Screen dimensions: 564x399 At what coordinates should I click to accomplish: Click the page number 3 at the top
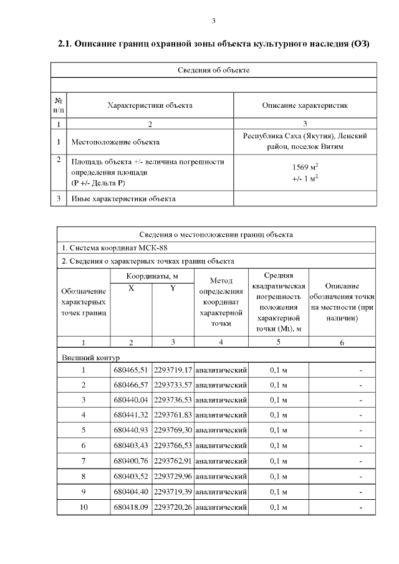213,21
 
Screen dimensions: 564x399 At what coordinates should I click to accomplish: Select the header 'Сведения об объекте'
213,70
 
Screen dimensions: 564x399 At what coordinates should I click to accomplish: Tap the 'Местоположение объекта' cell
116,142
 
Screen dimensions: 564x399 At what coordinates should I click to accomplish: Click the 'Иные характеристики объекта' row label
123,199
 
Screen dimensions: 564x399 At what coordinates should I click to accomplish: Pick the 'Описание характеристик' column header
305,105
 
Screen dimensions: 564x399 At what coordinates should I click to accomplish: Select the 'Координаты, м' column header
152,275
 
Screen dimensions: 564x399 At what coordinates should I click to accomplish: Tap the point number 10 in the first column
84,507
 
